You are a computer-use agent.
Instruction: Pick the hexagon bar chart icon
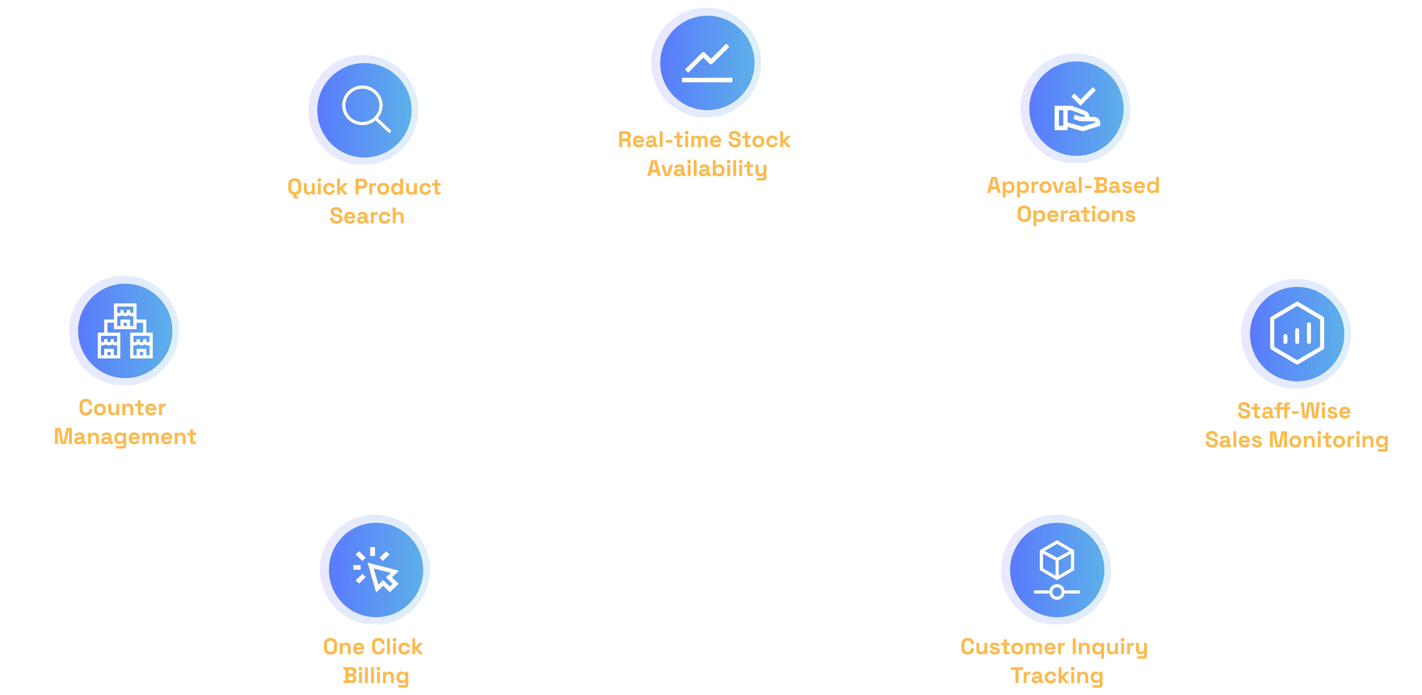click(1297, 333)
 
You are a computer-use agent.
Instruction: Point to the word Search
click(367, 216)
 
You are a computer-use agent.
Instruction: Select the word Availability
click(707, 169)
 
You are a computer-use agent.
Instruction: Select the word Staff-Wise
click(1294, 411)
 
